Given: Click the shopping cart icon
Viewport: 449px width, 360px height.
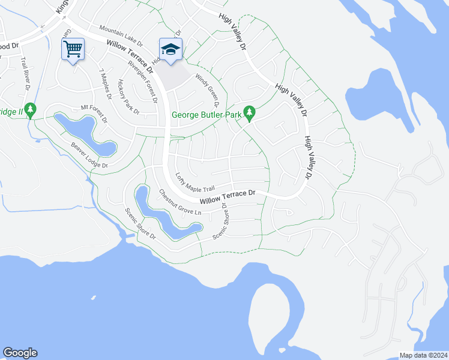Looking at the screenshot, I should tap(73, 49).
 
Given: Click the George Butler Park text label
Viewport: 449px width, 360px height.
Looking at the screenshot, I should tap(206, 115).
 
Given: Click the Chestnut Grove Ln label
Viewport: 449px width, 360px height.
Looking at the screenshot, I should tap(179, 203).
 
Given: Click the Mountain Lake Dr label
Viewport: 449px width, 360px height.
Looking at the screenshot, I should tap(121, 36).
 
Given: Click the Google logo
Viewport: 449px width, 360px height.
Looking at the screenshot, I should tap(20, 353).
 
